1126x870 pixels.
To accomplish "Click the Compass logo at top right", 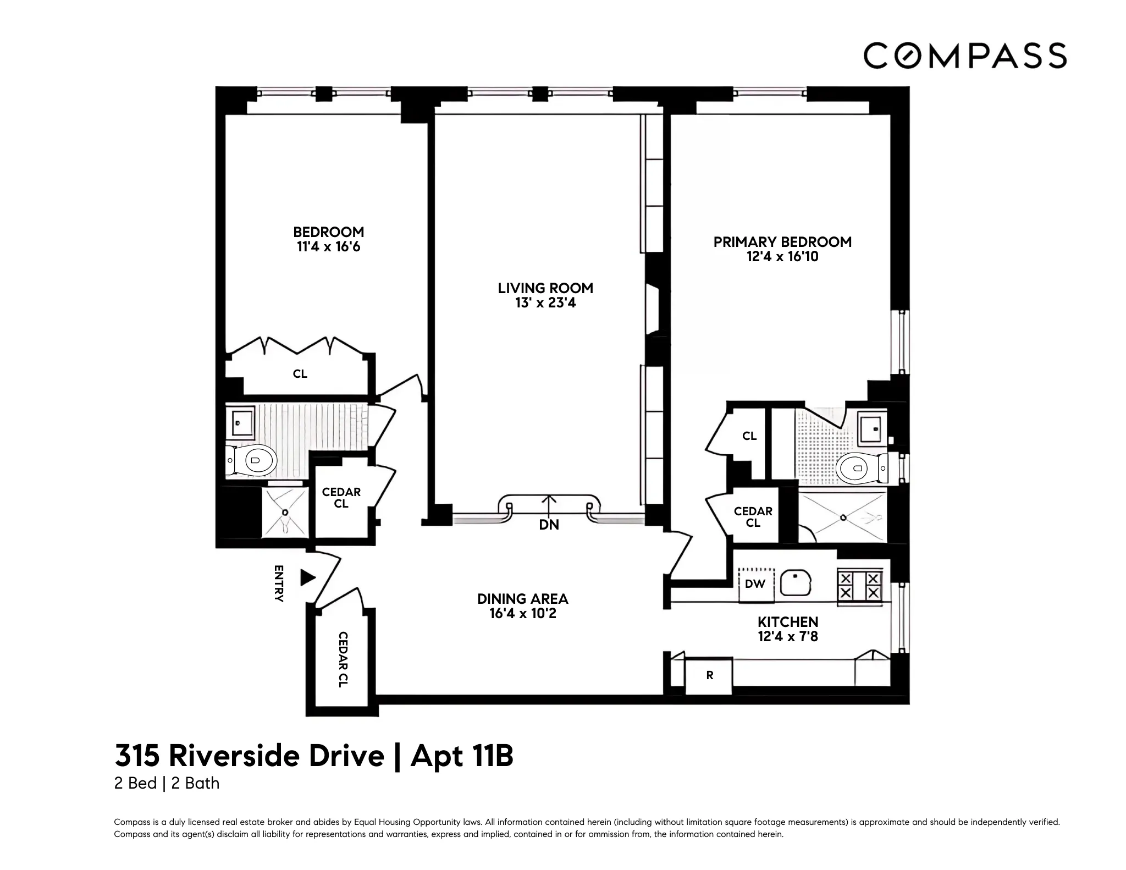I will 964,56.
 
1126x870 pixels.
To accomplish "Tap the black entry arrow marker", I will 307,578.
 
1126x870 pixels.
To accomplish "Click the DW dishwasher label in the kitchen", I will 755,584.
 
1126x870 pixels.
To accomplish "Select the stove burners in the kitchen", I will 859,586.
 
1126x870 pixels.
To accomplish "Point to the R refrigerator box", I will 709,675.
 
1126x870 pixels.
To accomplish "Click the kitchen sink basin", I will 795,583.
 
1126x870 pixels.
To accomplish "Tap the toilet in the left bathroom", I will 254,460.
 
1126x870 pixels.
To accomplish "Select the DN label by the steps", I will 549,525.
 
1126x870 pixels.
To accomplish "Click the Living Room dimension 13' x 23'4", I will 545,303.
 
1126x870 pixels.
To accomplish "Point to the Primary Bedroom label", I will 782,242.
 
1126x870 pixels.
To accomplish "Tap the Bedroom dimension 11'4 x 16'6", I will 328,247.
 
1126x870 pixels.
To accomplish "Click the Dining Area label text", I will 522,599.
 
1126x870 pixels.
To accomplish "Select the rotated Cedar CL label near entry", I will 342,659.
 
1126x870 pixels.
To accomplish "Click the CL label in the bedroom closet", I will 300,374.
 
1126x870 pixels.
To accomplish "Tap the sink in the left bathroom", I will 240,423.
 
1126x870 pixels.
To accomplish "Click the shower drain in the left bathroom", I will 285,513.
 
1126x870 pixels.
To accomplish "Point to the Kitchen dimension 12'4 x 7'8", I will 787,637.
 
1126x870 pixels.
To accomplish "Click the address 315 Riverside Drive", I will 249,756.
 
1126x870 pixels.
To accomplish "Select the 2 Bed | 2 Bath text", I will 167,783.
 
